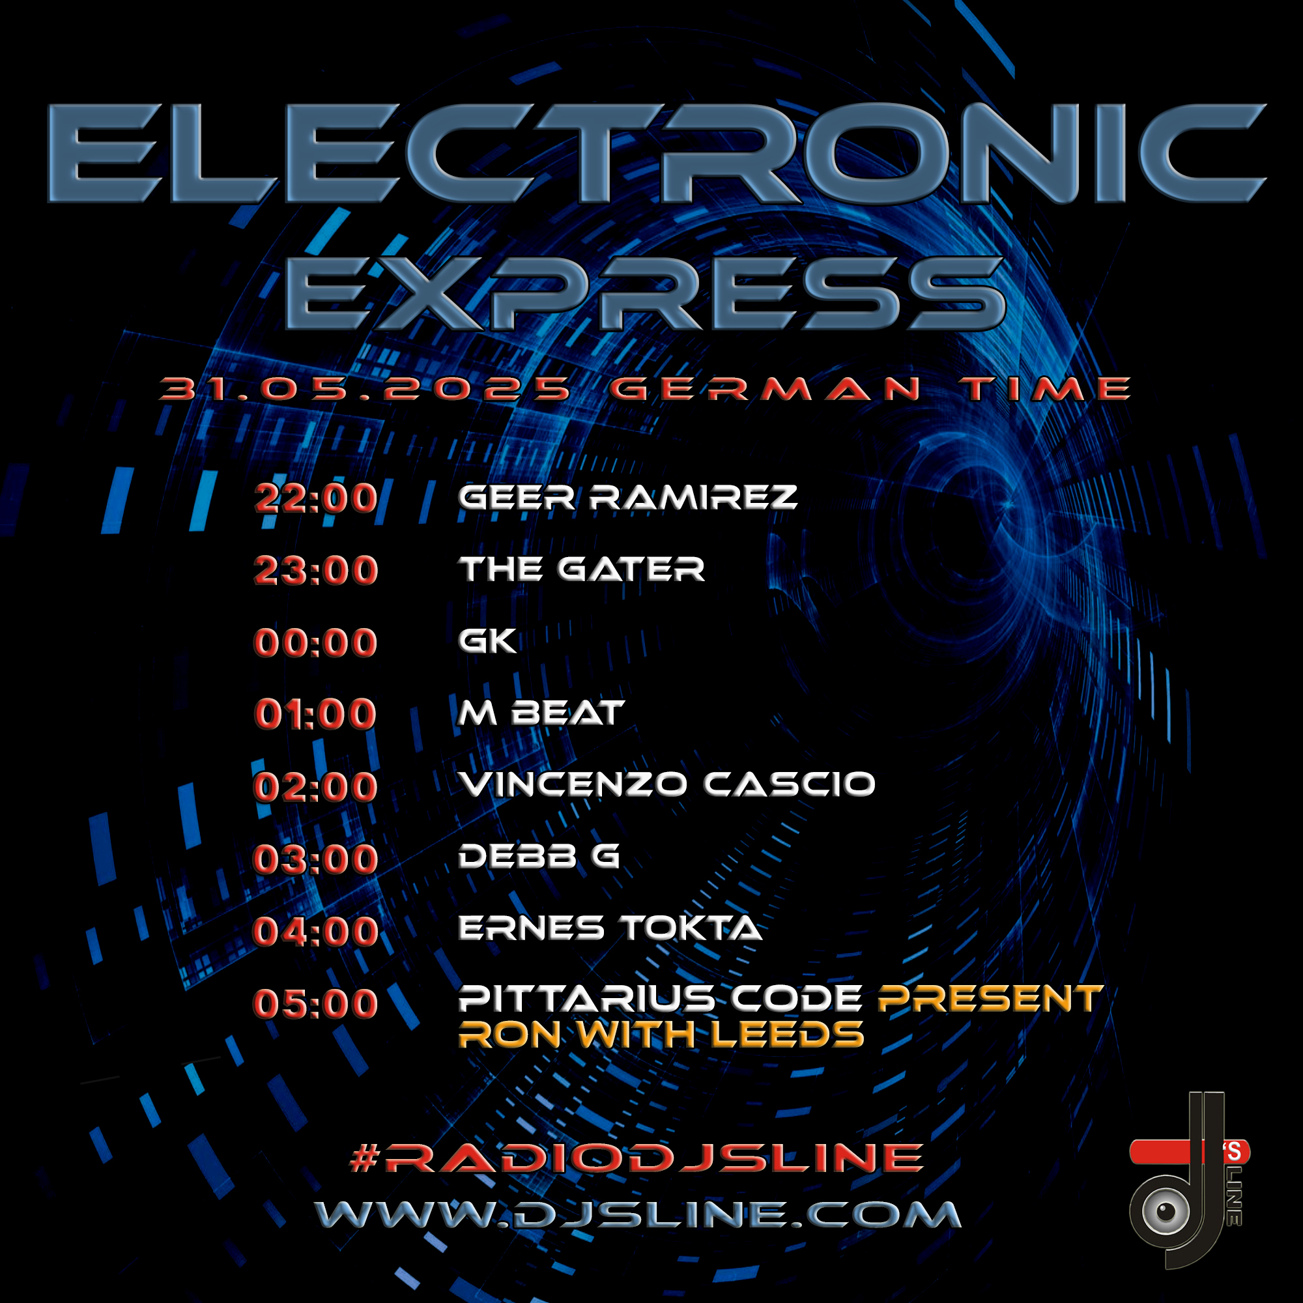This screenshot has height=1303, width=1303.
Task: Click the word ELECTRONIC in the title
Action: click(x=655, y=153)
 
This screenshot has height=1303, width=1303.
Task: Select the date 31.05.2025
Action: click(x=365, y=389)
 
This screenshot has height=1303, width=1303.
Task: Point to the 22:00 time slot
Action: click(x=315, y=498)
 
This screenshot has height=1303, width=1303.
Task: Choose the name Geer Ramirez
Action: click(x=628, y=498)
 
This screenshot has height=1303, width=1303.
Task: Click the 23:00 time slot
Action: click(x=315, y=571)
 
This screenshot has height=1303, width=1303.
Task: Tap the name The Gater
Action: click(x=581, y=569)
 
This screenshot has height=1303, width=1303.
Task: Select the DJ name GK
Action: click(x=487, y=640)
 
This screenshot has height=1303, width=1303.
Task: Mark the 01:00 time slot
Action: click(x=315, y=714)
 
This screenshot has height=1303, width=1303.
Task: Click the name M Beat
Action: click(x=541, y=713)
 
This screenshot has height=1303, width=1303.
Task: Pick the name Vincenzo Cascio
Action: click(x=667, y=784)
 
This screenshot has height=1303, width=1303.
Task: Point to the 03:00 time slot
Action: click(x=315, y=859)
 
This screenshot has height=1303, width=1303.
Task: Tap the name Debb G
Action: click(x=539, y=857)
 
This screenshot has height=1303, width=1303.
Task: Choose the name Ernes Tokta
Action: click(x=610, y=928)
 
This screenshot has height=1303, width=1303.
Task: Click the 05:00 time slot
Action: click(x=315, y=1003)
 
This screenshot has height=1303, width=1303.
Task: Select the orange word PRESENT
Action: click(x=990, y=999)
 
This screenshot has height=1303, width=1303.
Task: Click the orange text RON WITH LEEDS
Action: click(x=661, y=1035)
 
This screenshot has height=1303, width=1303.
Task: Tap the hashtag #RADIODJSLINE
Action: click(x=637, y=1157)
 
